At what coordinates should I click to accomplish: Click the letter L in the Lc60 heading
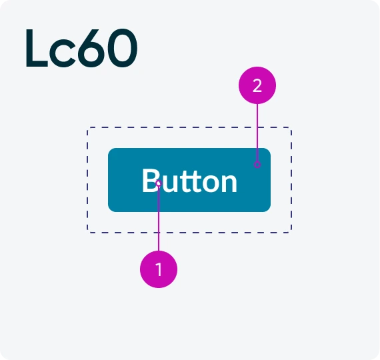pyautogui.click(x=37, y=48)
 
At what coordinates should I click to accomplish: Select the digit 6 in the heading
pyautogui.click(x=91, y=48)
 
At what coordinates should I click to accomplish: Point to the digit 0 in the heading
pyautogui.click(x=123, y=48)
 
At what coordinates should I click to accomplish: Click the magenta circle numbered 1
pyautogui.click(x=159, y=269)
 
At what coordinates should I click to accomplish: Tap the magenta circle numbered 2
pyautogui.click(x=257, y=85)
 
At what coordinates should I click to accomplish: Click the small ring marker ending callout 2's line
pyautogui.click(x=257, y=165)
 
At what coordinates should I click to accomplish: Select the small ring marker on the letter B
pyautogui.click(x=159, y=183)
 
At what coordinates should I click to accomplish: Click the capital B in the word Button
pyautogui.click(x=151, y=181)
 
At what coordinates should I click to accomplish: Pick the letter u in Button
pyautogui.click(x=169, y=184)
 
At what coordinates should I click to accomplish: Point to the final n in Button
pyautogui.click(x=229, y=183)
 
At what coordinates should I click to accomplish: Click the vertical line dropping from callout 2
pyautogui.click(x=257, y=133)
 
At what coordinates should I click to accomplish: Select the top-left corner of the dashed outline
pyautogui.click(x=87, y=127)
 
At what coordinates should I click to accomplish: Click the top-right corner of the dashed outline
pyautogui.click(x=291, y=127)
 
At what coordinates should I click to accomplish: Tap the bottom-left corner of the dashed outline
pyautogui.click(x=87, y=233)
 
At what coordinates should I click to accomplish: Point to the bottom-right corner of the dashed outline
pyautogui.click(x=291, y=233)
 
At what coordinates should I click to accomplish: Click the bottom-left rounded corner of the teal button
pyautogui.click(x=110, y=210)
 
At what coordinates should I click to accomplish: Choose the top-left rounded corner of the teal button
pyautogui.click(x=110, y=150)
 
